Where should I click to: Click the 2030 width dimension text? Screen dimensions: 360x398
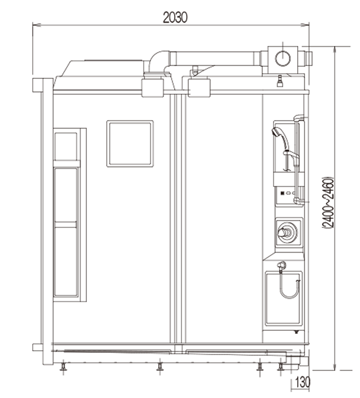(x=175, y=18)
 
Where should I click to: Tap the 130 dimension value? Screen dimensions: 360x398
(x=303, y=382)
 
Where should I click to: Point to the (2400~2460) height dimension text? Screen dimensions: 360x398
(x=328, y=202)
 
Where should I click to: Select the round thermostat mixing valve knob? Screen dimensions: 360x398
(x=287, y=232)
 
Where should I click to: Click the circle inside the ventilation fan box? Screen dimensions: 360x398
(x=283, y=58)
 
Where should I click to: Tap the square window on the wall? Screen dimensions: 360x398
(x=130, y=143)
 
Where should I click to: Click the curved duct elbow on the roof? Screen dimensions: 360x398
(x=158, y=60)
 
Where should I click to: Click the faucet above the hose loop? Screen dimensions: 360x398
(x=281, y=265)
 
